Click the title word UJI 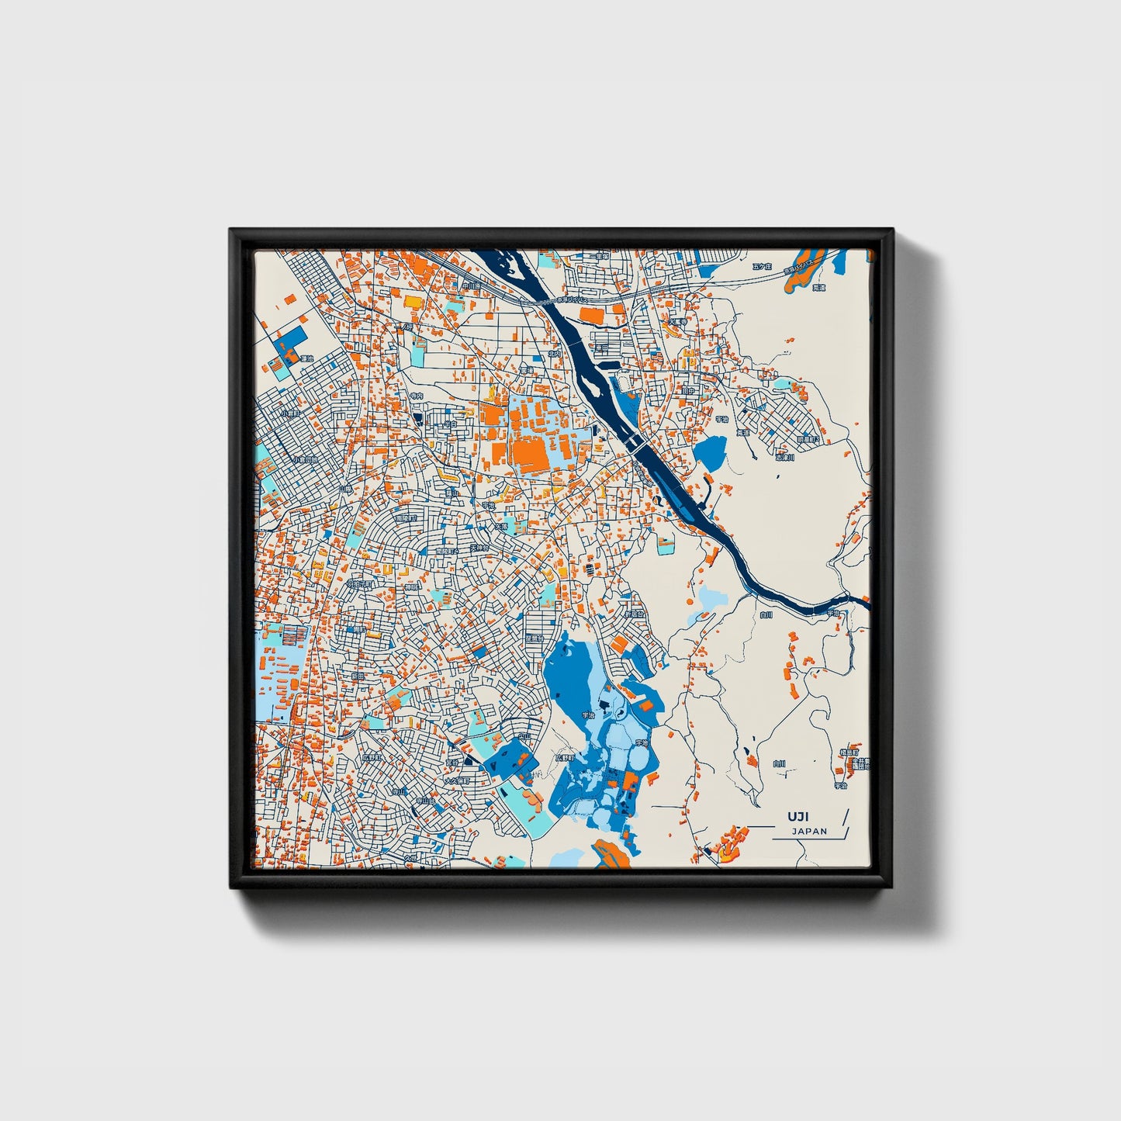(x=798, y=817)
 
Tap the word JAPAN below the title (x=809, y=832)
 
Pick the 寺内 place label (x=417, y=396)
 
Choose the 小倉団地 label (x=303, y=459)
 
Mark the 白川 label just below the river (x=766, y=615)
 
